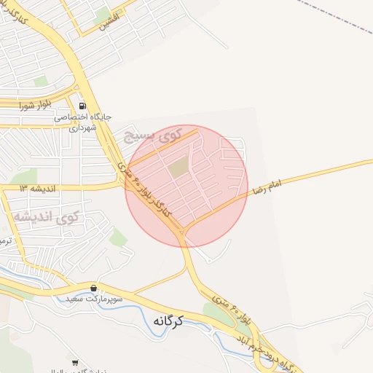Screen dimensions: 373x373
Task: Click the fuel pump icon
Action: click(x=82, y=105)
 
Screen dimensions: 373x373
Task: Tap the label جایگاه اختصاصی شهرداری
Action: click(x=81, y=121)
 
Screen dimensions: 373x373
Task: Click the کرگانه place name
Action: click(x=168, y=320)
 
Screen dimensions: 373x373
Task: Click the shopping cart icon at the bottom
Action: click(x=75, y=362)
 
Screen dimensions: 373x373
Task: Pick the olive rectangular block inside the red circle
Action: click(x=178, y=168)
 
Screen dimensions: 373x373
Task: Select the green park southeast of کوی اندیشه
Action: click(x=118, y=237)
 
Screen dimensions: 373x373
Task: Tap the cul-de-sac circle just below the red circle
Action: click(x=211, y=257)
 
